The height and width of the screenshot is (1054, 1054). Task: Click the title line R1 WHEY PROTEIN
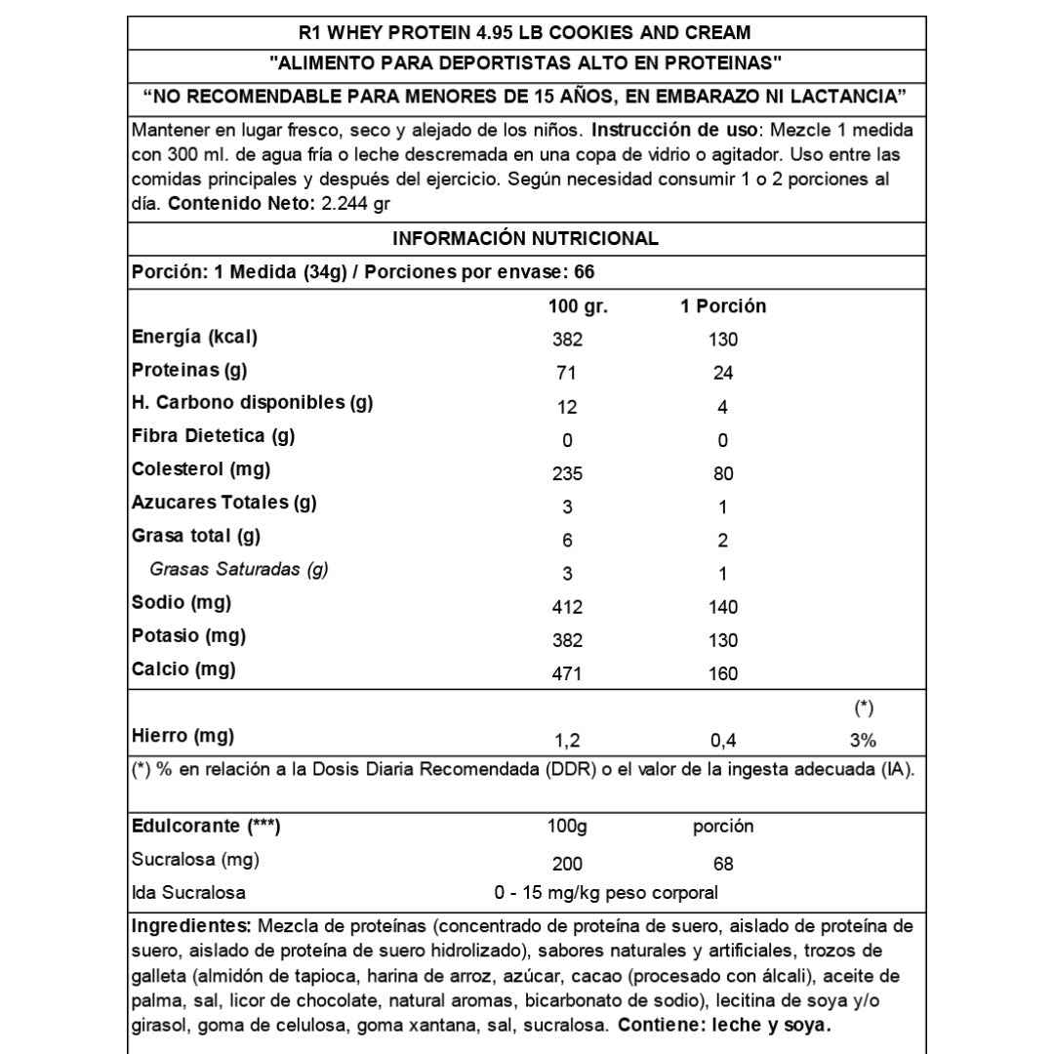tap(526, 32)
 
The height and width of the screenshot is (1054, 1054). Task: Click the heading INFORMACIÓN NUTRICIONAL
tap(525, 239)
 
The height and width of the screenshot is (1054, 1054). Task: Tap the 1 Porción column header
tap(722, 306)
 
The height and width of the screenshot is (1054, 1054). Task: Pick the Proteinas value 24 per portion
tap(723, 373)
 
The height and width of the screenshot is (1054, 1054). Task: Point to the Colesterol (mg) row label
tap(201, 468)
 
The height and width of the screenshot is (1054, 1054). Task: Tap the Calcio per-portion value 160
tap(723, 673)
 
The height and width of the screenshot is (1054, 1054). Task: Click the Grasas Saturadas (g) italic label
tap(238, 570)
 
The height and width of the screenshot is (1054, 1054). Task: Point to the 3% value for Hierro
tap(863, 739)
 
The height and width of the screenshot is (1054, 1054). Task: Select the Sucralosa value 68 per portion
tap(723, 865)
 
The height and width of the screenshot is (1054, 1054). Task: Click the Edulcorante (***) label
tap(206, 827)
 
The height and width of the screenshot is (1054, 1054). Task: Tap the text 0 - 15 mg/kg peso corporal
tap(607, 893)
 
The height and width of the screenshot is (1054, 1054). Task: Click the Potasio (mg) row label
tap(188, 636)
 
